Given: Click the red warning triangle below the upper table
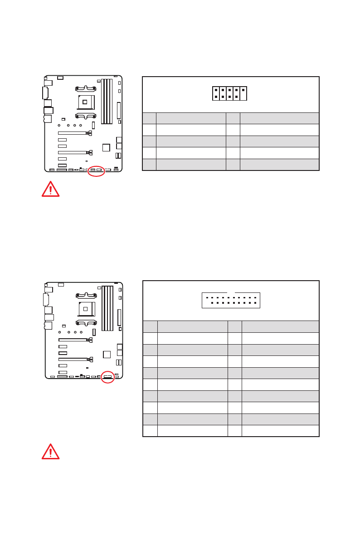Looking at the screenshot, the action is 50,189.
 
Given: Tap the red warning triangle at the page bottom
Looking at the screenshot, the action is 50,452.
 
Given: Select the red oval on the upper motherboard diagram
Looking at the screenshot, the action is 96,171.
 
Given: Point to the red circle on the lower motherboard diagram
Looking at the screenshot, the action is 107,377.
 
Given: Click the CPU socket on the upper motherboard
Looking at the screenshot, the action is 85,102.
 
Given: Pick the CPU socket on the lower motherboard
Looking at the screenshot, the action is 85,309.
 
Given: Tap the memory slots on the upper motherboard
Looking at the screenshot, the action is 107,101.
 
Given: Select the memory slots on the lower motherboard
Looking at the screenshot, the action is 107,308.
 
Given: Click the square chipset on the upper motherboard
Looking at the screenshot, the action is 106,147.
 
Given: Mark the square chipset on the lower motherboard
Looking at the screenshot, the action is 107,354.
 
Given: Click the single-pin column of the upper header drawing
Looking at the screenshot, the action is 243,93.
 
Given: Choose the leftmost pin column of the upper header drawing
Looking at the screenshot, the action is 216,93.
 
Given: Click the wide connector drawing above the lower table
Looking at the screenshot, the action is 231,300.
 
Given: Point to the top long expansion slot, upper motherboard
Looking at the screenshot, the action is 72,133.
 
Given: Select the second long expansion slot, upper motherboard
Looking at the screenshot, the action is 72,152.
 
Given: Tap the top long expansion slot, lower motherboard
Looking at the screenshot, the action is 73,340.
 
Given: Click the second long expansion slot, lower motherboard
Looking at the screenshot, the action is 73,359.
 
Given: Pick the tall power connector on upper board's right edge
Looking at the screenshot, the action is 119,110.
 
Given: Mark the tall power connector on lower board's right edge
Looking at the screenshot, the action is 119,317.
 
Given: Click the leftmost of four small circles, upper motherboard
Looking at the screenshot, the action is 59,125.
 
